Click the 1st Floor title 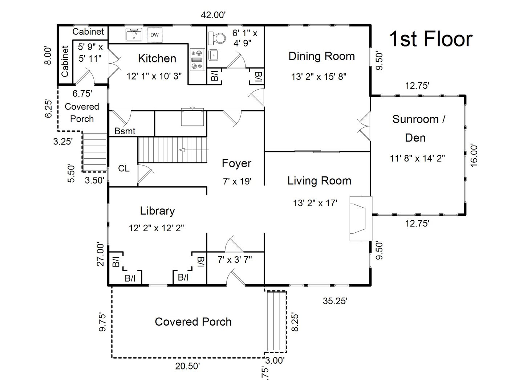(x=431, y=39)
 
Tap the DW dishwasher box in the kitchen (x=155, y=35)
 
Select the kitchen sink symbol (x=134, y=35)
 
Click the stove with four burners (x=197, y=60)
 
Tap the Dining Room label (x=321, y=56)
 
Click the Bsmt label (x=125, y=131)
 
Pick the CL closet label (x=123, y=168)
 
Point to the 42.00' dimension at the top (x=214, y=15)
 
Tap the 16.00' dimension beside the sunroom (x=474, y=155)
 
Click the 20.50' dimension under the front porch (x=187, y=366)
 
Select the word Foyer (x=236, y=163)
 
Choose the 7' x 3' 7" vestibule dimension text (x=235, y=260)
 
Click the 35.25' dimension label (x=335, y=301)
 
